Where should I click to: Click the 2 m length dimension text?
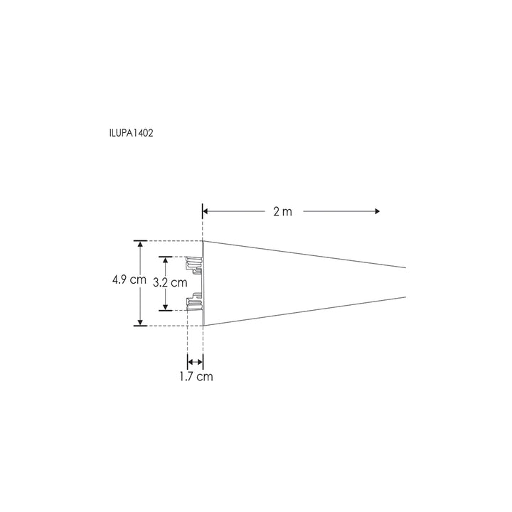pyautogui.click(x=282, y=212)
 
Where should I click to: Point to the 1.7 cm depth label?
pyautogui.click(x=196, y=377)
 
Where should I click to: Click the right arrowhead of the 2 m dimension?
pyautogui.click(x=377, y=211)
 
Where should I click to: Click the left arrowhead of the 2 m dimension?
pyautogui.click(x=206, y=211)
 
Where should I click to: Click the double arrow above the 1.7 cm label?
pyautogui.click(x=196, y=362)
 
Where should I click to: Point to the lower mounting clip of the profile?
pyautogui.click(x=195, y=302)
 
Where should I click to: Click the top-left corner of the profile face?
pyautogui.click(x=204, y=241)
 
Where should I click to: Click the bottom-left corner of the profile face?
pyautogui.click(x=204, y=326)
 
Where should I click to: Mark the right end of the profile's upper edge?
pyautogui.click(x=405, y=267)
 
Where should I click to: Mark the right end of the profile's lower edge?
pyautogui.click(x=405, y=296)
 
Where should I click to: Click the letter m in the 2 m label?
pyautogui.click(x=287, y=213)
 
